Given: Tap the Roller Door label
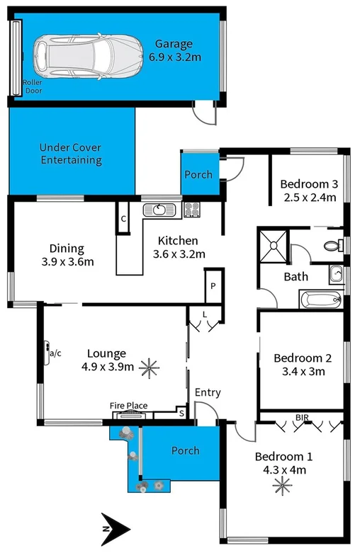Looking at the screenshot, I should pyautogui.click(x=33, y=87).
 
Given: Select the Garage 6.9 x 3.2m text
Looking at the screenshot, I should pyautogui.click(x=175, y=50).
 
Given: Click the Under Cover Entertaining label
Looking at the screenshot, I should pyautogui.click(x=70, y=154).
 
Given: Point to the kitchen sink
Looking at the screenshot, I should pyautogui.click(x=158, y=210).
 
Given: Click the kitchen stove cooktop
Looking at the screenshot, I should pyautogui.click(x=191, y=210).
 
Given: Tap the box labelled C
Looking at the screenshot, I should pyautogui.click(x=123, y=219).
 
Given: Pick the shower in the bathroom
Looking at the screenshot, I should pyautogui.click(x=274, y=244).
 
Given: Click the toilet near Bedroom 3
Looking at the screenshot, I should pyautogui.click(x=331, y=246).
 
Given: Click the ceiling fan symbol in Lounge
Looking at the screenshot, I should pyautogui.click(x=149, y=366).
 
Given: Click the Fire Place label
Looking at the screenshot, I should pyautogui.click(x=128, y=406).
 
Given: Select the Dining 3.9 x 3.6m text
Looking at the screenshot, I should pyautogui.click(x=67, y=255).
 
